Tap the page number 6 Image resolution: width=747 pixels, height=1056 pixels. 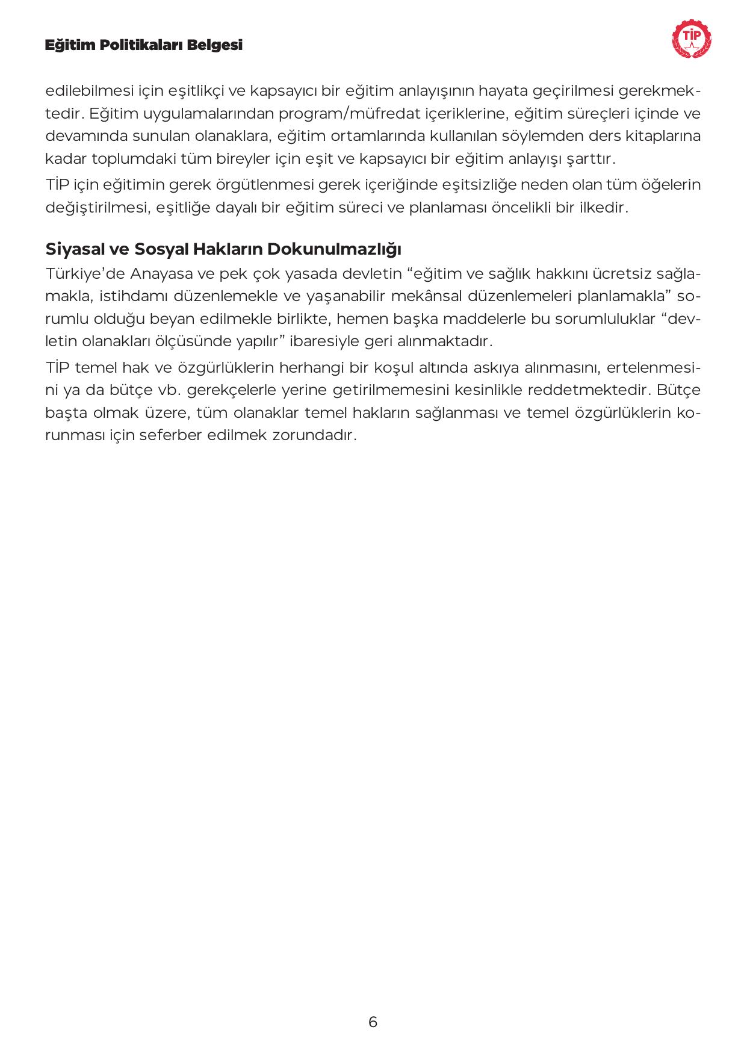(373, 1022)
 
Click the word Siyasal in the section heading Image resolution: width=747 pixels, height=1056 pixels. (73, 249)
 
